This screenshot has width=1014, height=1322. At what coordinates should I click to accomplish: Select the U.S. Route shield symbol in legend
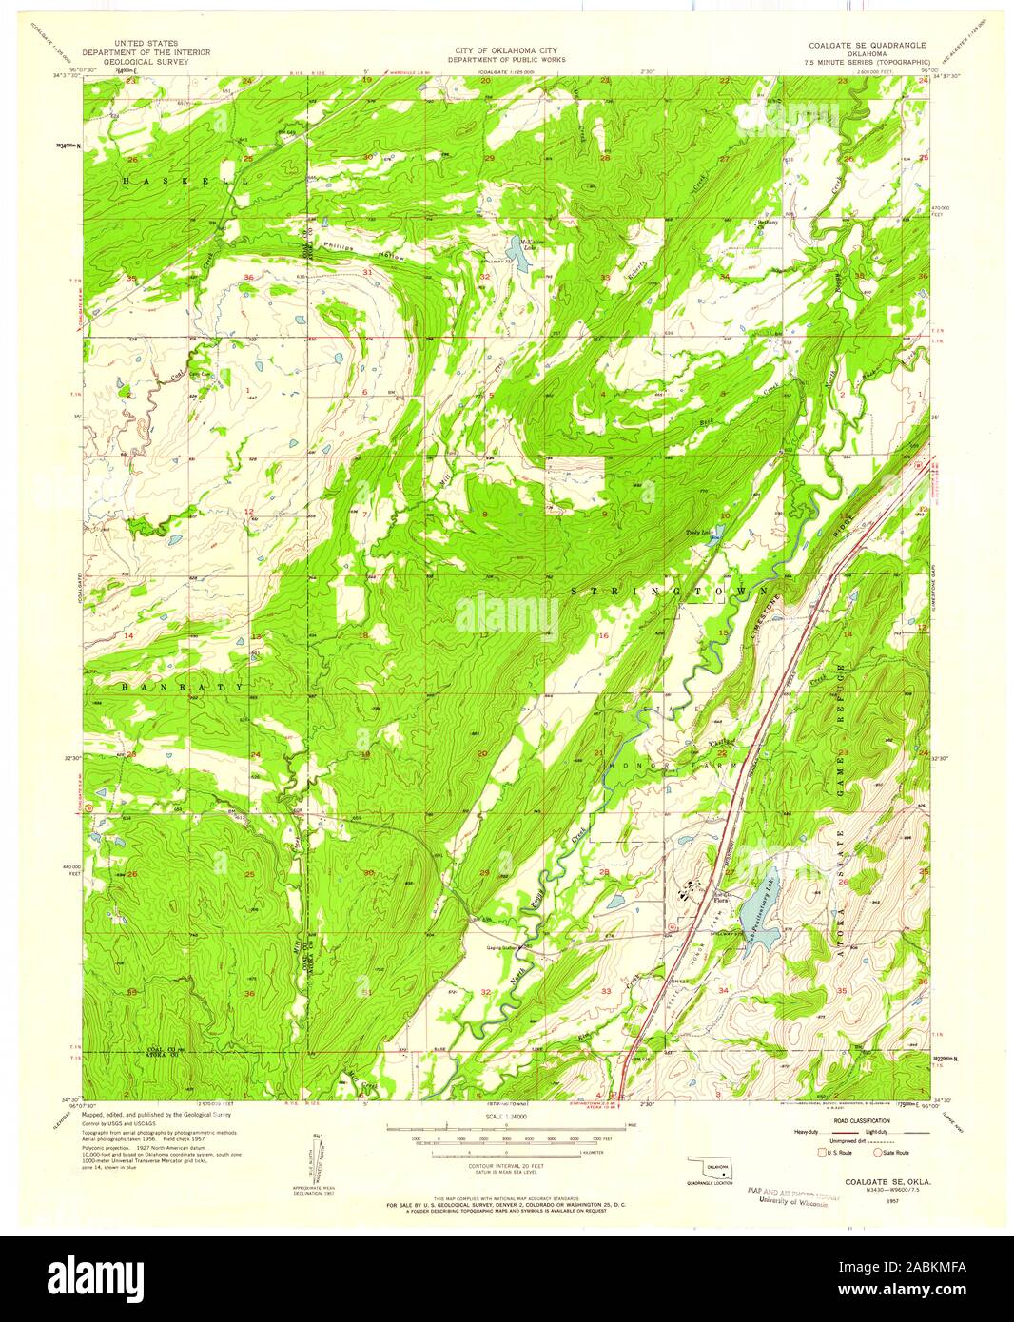click(824, 1154)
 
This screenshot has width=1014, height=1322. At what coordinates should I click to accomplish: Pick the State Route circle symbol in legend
click(879, 1154)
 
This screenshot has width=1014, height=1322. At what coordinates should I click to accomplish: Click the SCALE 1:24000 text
click(506, 1116)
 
